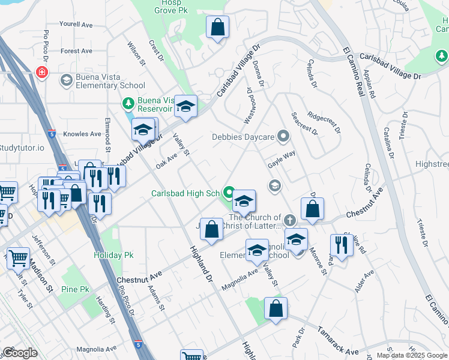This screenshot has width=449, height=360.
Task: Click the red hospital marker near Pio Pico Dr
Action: [41, 73]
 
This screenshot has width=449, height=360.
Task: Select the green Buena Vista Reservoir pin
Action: [127, 104]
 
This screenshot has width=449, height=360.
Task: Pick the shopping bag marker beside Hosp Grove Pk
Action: [217, 28]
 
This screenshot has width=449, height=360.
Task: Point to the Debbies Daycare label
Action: [243, 137]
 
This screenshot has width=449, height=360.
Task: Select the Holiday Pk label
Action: [113, 255]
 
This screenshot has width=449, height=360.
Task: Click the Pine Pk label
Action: [76, 289]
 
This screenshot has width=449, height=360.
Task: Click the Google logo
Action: [20, 353]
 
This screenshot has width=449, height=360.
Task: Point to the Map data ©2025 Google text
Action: [412, 355]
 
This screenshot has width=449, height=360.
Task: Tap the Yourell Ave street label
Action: [76, 25]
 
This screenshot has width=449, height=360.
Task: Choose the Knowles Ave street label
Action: [83, 134]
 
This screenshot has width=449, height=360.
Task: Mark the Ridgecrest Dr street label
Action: [324, 120]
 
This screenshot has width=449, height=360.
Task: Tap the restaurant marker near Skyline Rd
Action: [341, 245]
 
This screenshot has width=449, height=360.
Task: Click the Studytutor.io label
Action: [22, 148]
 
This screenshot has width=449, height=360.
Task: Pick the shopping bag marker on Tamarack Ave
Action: [276, 309]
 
